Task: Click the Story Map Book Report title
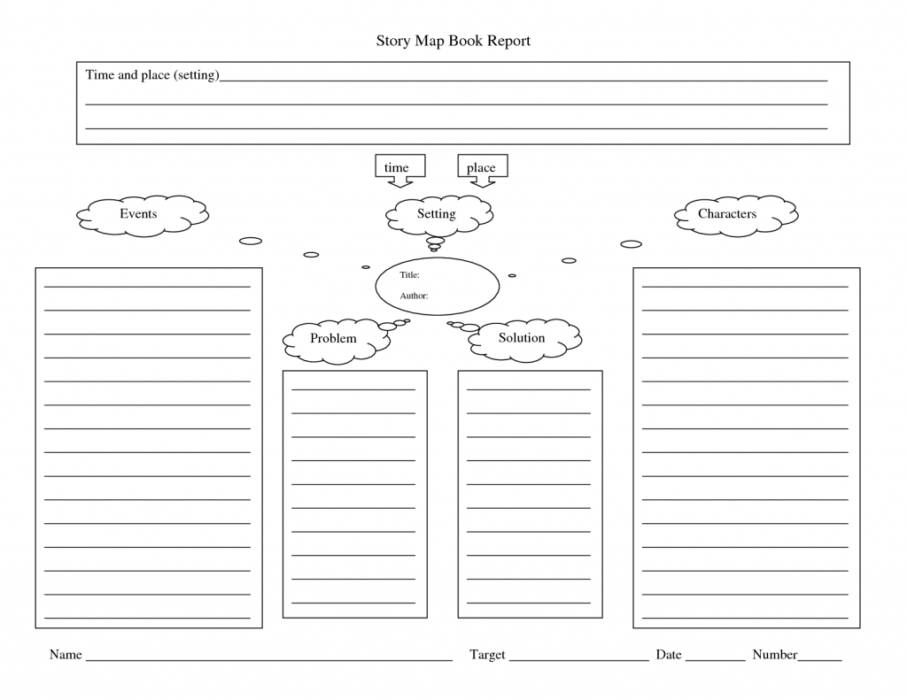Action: (x=453, y=41)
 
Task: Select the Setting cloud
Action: (x=438, y=214)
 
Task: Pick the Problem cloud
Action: (x=334, y=339)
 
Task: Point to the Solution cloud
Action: (x=523, y=339)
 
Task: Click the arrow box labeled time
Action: (x=398, y=168)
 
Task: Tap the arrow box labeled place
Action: (x=482, y=168)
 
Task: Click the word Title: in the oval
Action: (x=409, y=275)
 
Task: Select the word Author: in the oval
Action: (x=414, y=296)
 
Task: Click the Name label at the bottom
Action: (x=66, y=655)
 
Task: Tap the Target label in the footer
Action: (x=487, y=655)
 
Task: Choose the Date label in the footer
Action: (x=669, y=655)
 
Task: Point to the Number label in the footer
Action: (x=775, y=655)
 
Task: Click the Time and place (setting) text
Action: (x=151, y=75)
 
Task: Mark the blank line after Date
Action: (x=716, y=659)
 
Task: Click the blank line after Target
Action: (x=579, y=659)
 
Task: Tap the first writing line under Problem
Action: (x=353, y=389)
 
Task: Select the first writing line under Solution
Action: (x=529, y=389)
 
